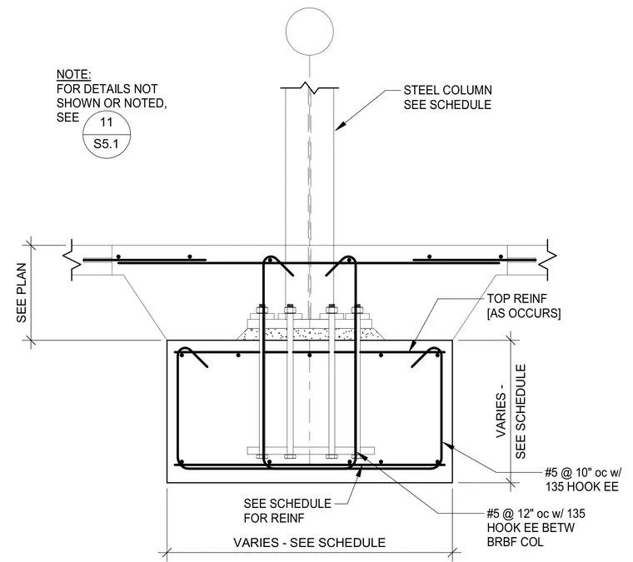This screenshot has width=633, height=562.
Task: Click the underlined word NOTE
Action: tap(73, 75)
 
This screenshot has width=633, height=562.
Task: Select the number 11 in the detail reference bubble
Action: tap(106, 122)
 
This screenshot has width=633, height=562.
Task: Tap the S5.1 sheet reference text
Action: tap(106, 144)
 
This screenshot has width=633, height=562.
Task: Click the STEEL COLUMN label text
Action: tap(448, 90)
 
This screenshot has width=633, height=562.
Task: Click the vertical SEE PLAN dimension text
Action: tap(22, 292)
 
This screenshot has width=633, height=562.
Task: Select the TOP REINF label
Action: tap(516, 299)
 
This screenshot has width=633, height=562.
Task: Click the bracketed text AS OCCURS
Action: tap(524, 313)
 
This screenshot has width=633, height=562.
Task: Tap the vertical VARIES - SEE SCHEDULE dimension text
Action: tap(511, 411)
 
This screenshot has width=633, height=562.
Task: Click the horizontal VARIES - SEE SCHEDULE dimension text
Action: tap(309, 543)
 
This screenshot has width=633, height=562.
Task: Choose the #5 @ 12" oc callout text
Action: tap(536, 513)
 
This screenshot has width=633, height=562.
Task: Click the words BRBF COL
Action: tap(515, 541)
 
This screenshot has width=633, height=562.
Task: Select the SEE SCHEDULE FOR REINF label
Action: tap(287, 510)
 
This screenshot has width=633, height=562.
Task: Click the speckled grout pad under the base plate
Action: tap(310, 334)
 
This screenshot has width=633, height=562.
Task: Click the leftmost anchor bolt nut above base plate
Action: tap(262, 310)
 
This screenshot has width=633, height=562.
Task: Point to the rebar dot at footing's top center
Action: tap(310, 355)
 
